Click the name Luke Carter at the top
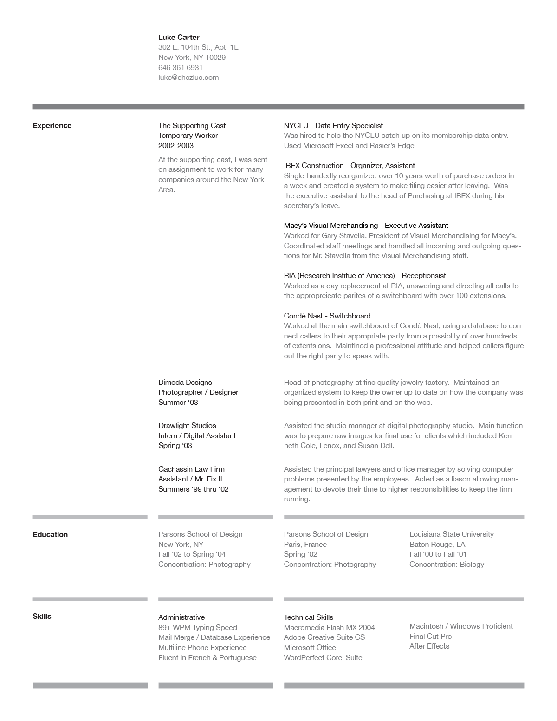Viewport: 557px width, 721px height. [x=179, y=37]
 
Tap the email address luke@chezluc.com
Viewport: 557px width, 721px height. [x=188, y=78]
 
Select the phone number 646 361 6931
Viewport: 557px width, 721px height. [x=180, y=67]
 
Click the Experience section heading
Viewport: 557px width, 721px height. [x=52, y=125]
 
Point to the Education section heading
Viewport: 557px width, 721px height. [x=50, y=534]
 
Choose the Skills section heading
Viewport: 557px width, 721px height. [x=42, y=616]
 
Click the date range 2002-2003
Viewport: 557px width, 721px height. [x=175, y=145]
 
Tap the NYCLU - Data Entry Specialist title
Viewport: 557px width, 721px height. [x=333, y=125]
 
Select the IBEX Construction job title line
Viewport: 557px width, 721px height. [x=349, y=165]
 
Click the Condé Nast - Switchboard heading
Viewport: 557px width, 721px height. [x=327, y=316]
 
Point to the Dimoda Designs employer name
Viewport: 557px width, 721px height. [x=185, y=382]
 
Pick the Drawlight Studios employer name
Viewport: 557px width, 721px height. [x=187, y=425]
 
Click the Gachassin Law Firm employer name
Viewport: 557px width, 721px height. [x=191, y=469]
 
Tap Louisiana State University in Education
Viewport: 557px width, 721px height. [x=451, y=534]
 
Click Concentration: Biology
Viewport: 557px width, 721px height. [x=447, y=564]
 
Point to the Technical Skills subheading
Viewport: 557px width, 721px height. [x=308, y=617]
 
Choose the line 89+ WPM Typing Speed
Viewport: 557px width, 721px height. [x=197, y=627]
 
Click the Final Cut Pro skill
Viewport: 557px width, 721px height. [x=430, y=636]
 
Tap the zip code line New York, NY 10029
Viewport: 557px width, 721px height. [x=192, y=57]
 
